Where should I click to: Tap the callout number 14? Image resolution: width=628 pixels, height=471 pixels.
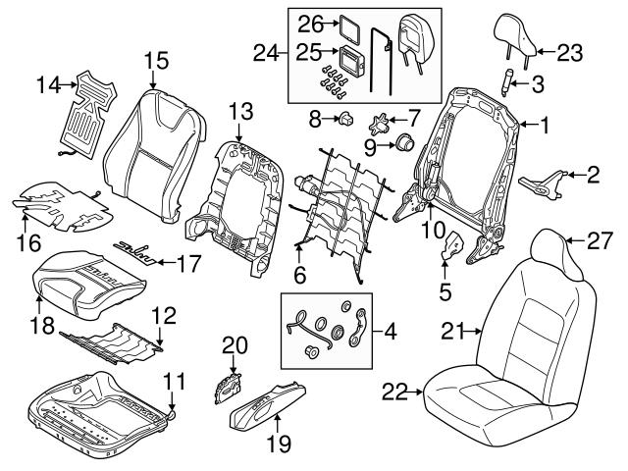(x=49, y=85)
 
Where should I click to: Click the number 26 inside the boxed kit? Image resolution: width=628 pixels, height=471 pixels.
(x=310, y=22)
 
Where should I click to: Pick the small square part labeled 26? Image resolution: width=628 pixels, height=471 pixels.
(x=349, y=26)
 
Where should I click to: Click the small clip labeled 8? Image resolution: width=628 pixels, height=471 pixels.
(x=346, y=122)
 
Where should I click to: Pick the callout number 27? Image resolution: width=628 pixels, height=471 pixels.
(x=598, y=236)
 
